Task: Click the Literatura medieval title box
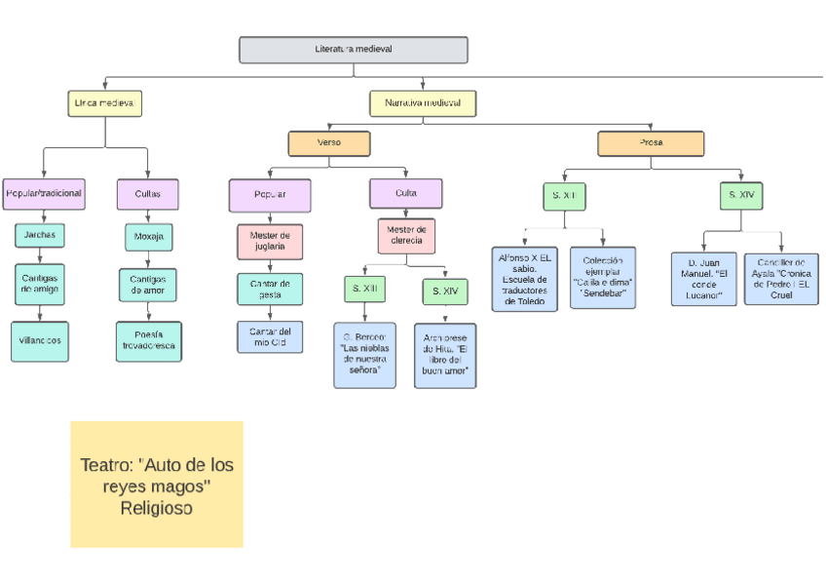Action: [x=353, y=50]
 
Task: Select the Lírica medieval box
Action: [x=106, y=102]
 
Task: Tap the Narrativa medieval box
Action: [x=422, y=102]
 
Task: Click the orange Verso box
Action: [x=329, y=143]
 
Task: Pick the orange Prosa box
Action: [x=651, y=143]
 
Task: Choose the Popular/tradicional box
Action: [x=44, y=194]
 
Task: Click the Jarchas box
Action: [x=40, y=235]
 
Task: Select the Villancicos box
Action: [x=40, y=340]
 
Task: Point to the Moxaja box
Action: [x=148, y=236]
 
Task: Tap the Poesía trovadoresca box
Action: [x=148, y=340]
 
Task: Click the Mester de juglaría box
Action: [x=270, y=241]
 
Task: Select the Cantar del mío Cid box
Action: [x=270, y=336]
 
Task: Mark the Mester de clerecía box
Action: [x=406, y=235]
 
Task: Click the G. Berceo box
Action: [x=364, y=354]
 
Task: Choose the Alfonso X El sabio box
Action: [x=524, y=278]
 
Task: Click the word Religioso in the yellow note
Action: [x=157, y=508]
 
